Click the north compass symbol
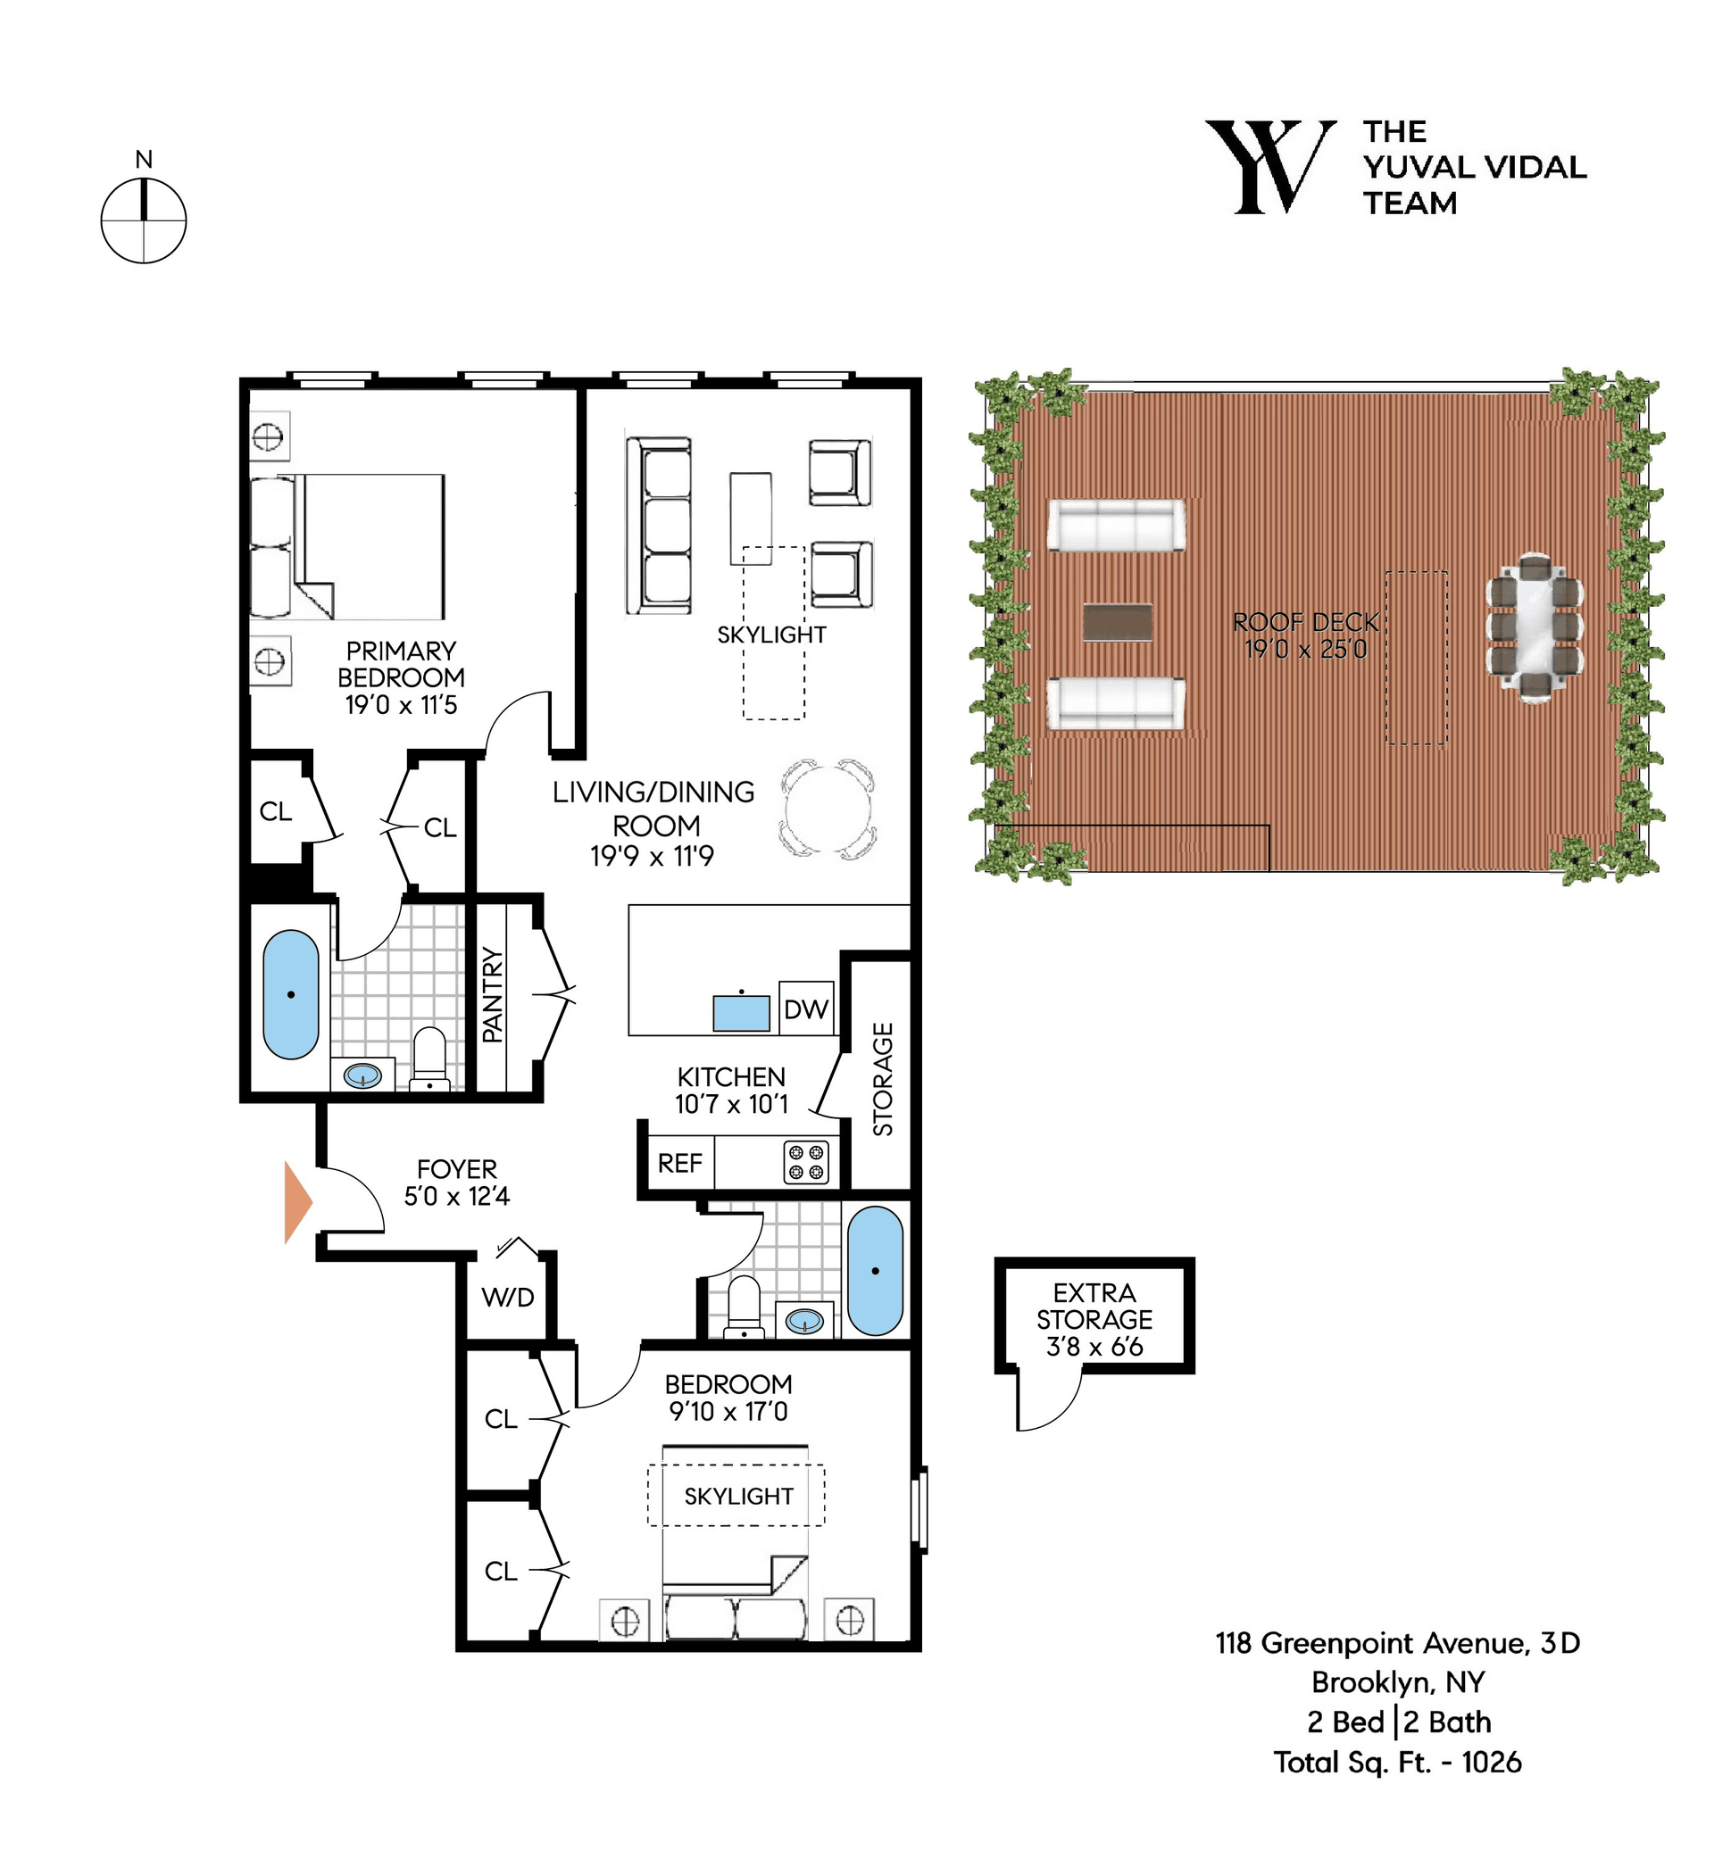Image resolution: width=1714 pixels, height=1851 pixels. [144, 220]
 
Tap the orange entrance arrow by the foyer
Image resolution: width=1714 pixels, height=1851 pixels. [296, 1201]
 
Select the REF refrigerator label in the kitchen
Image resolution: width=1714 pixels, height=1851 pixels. [680, 1163]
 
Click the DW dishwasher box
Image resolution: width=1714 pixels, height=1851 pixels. [806, 1008]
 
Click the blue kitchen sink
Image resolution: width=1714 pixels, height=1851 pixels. [741, 1012]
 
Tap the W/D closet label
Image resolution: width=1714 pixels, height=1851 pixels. [508, 1298]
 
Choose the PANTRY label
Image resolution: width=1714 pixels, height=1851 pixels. [493, 995]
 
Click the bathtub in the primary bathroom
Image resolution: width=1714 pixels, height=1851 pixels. [291, 994]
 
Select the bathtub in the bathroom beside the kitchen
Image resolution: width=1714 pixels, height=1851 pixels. [875, 1271]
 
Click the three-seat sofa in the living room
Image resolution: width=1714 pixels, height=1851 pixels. [659, 526]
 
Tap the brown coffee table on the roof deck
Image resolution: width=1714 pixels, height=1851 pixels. [1118, 622]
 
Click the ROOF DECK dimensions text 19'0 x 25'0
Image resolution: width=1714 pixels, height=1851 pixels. [1306, 649]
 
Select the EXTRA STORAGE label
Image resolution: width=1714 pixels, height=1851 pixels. [1094, 1306]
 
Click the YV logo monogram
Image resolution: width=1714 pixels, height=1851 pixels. [1270, 167]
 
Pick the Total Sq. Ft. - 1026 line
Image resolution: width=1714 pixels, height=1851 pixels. [1397, 1762]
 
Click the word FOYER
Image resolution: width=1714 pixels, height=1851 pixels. [456, 1168]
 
